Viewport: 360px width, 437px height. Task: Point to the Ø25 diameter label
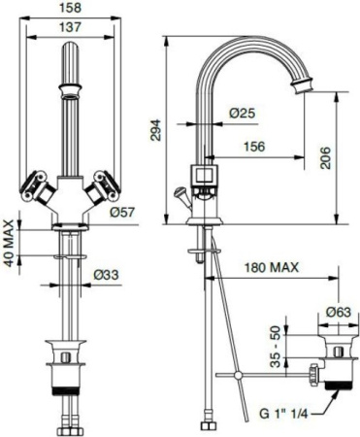point(242,114)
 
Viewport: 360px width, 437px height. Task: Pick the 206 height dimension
point(326,157)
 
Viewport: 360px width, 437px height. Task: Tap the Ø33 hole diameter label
point(107,277)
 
